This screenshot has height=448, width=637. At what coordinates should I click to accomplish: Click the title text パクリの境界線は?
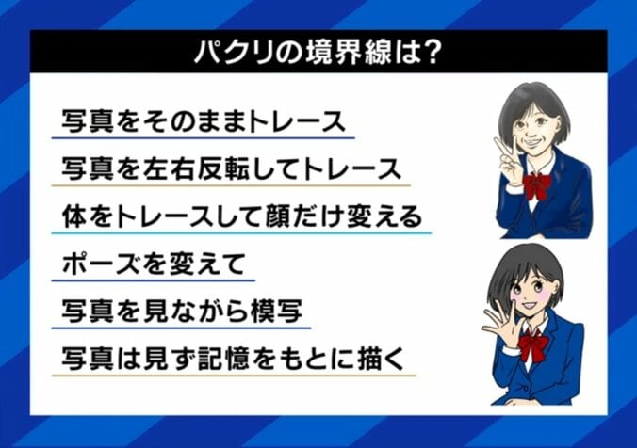pyautogui.click(x=318, y=52)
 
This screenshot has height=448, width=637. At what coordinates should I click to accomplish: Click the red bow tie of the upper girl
pyautogui.click(x=537, y=184)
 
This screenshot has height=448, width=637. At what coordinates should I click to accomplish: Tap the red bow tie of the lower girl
pyautogui.click(x=533, y=344)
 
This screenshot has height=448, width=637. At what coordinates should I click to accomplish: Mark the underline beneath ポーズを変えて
pyautogui.click(x=153, y=280)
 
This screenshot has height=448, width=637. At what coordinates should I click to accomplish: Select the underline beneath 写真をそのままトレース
pyautogui.click(x=203, y=138)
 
